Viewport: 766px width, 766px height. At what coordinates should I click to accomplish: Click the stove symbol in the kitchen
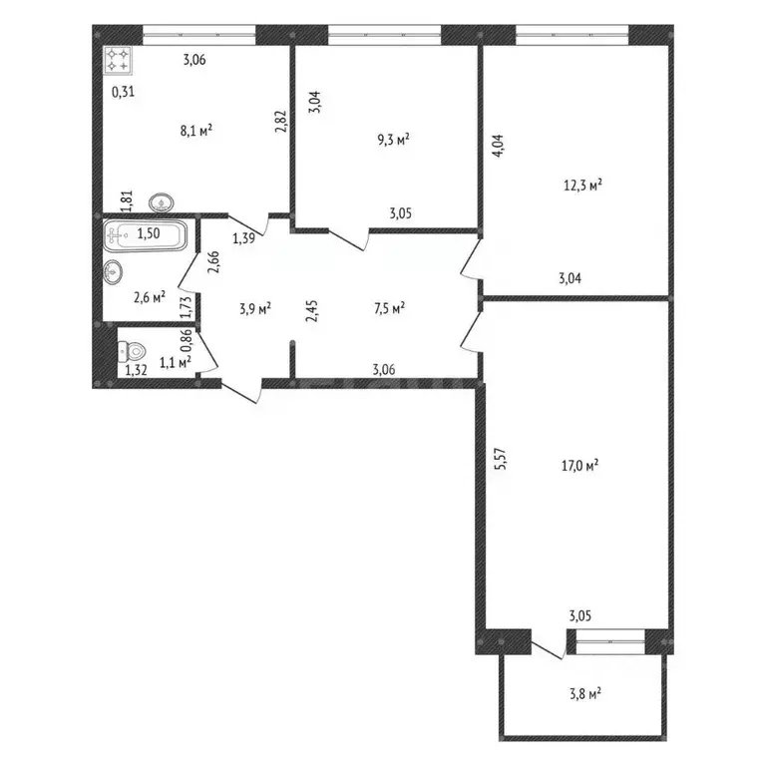click(x=118, y=61)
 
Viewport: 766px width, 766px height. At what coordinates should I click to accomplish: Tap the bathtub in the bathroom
click(x=145, y=235)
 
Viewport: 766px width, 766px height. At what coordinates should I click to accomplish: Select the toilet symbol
click(x=132, y=352)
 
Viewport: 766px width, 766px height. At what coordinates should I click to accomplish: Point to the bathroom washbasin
click(x=113, y=271)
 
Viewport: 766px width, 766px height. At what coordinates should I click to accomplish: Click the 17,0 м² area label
click(x=579, y=465)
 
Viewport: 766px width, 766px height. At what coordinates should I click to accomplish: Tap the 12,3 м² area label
click(x=582, y=186)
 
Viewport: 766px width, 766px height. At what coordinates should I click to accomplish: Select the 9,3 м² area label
click(x=393, y=141)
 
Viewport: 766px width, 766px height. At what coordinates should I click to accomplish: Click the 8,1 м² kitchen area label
click(x=196, y=131)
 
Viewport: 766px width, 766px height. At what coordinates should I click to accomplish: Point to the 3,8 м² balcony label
click(x=585, y=694)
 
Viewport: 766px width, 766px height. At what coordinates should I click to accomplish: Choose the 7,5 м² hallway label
click(x=389, y=308)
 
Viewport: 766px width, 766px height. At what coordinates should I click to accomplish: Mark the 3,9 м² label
click(x=255, y=309)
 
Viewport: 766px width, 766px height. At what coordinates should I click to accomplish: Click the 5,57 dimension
click(x=501, y=459)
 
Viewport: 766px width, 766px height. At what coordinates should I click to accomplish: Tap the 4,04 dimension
click(x=499, y=146)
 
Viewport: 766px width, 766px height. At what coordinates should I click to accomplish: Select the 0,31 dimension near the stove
click(x=123, y=92)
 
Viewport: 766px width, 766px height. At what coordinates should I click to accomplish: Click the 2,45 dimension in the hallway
click(x=311, y=311)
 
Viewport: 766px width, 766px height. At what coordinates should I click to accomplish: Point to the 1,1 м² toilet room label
click(x=176, y=362)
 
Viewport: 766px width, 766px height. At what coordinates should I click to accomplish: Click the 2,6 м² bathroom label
click(x=150, y=297)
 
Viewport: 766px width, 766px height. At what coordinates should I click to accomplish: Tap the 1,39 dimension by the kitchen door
click(x=243, y=238)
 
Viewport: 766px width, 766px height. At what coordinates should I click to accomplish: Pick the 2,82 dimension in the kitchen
click(x=281, y=122)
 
